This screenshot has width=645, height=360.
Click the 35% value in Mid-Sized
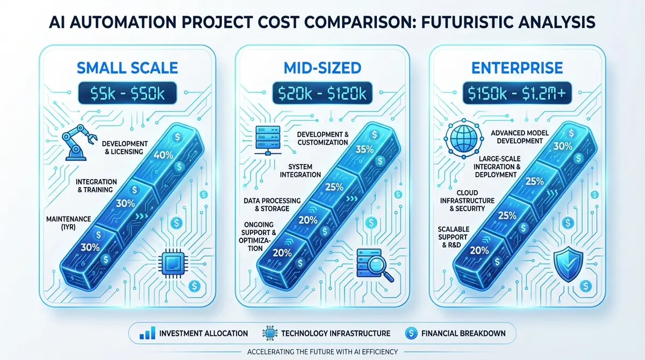tap(365, 149)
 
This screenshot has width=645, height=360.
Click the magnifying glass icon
tap(369, 262)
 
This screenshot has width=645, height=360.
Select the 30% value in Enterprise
tap(562, 146)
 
